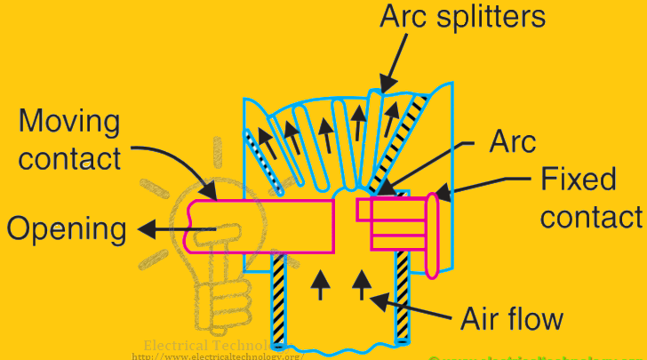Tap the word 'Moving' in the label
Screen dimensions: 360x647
(x=68, y=119)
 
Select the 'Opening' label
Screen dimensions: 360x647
(x=67, y=229)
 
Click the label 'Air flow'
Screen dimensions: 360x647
(x=512, y=317)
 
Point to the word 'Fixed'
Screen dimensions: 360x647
(x=579, y=180)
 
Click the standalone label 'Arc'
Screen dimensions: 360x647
(x=513, y=140)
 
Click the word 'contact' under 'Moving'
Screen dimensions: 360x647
(x=68, y=159)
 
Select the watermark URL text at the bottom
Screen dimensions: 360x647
(x=218, y=356)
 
